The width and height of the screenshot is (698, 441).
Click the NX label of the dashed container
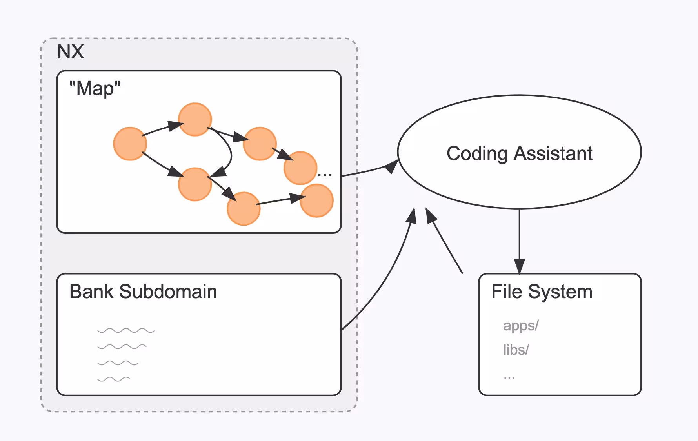point(71,52)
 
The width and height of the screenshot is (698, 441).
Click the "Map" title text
point(95,89)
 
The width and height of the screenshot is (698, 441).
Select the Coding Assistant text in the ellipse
point(519,153)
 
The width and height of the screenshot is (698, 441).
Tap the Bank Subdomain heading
point(143,292)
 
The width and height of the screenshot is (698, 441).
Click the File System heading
point(542,292)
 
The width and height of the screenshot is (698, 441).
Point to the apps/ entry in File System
point(521,326)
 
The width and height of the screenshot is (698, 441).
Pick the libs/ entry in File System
point(516,350)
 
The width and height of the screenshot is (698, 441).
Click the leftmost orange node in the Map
point(130,144)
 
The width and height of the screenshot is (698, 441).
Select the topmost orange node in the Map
point(195,119)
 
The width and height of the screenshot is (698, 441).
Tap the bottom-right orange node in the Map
point(316,201)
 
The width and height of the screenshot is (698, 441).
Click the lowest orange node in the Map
point(244,209)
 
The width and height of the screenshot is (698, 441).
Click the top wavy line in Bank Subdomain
point(126,331)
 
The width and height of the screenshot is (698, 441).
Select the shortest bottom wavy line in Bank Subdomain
point(114,379)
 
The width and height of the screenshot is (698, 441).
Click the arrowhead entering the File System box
point(519,266)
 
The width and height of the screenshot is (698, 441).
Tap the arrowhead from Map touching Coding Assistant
point(391,166)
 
